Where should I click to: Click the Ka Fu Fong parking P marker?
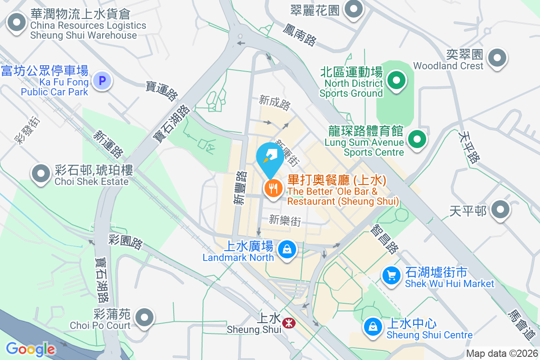pos(102,81)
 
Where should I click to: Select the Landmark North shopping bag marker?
pos(286,248)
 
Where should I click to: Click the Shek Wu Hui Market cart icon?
pos(391,275)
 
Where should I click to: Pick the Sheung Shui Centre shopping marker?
pos(373,326)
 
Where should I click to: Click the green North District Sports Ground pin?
pos(396,81)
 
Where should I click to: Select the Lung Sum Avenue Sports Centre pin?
pos(417,138)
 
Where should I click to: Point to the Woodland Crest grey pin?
pos(497,58)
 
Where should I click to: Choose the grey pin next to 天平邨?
pos(500,210)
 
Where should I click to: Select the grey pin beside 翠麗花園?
pos(354,9)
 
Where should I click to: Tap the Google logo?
pos(30,349)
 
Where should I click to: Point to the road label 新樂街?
pos(285,220)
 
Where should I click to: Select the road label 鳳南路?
pos(300,34)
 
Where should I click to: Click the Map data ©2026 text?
pos(502,354)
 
